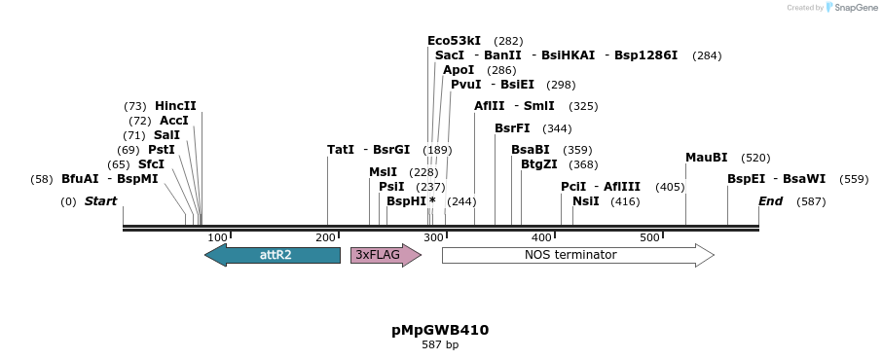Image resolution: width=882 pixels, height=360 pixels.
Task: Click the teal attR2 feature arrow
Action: coord(273,255)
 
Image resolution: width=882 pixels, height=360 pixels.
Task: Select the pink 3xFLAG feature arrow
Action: coord(386,255)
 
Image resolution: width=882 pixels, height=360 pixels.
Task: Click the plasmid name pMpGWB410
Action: coord(440,330)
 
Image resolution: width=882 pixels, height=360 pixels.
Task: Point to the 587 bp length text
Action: coord(440,344)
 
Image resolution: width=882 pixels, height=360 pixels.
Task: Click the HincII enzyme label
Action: coord(175,106)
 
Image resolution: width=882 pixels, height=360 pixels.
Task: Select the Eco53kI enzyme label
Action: coord(454,41)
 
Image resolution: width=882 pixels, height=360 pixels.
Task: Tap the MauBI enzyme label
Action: coord(707,158)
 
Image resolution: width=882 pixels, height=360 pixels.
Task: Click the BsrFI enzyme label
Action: coord(512,128)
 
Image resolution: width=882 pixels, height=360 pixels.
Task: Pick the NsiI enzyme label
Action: coord(586,201)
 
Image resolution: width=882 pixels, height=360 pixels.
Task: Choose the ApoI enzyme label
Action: coord(459,70)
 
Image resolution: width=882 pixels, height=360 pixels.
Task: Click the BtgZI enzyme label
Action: coord(539,164)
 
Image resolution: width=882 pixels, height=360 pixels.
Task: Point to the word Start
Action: coord(100,201)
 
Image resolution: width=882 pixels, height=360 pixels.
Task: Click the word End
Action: coord(771,201)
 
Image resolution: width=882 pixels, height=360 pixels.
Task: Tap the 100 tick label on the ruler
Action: coord(218,237)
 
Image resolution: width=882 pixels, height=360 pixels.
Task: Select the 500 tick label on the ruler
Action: coord(650,237)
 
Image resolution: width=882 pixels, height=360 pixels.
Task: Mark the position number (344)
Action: coord(557,128)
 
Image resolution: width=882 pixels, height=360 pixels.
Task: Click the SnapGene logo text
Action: coord(854,8)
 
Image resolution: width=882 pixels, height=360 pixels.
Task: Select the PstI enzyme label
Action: coord(162,150)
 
